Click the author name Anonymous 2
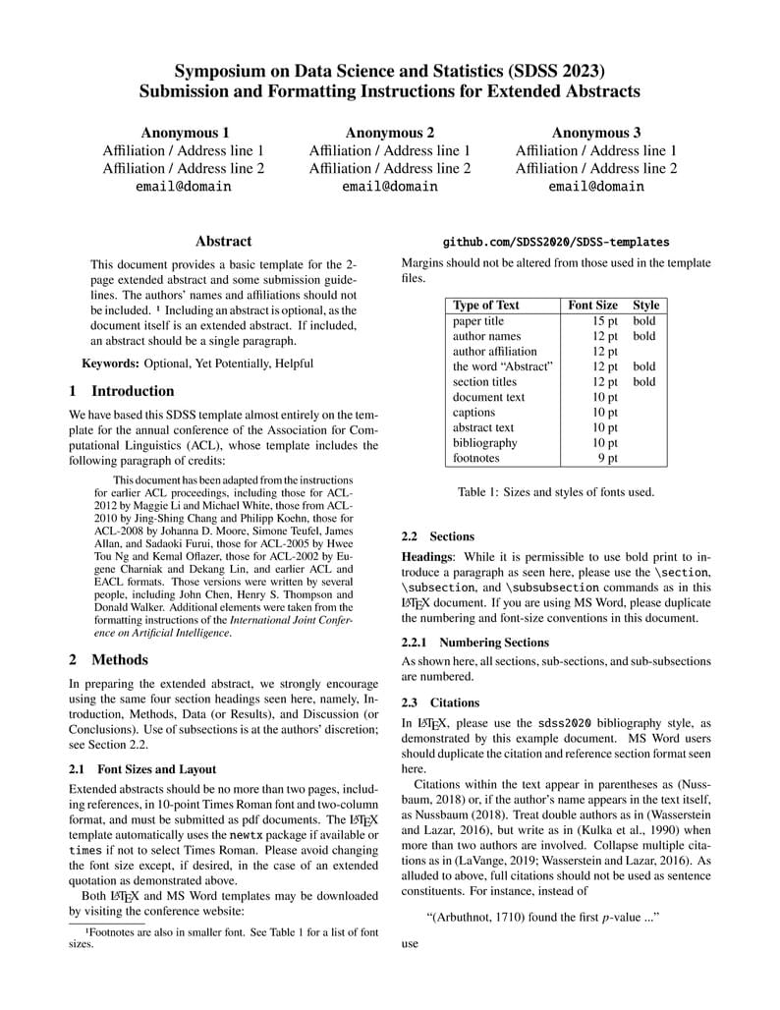click(x=390, y=133)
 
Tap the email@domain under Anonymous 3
click(x=596, y=186)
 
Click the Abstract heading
click(x=223, y=241)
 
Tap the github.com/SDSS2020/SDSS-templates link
click(x=556, y=242)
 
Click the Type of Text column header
click(x=486, y=306)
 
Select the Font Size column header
click(x=593, y=306)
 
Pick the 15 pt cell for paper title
click(x=604, y=321)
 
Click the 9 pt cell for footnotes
click(x=608, y=458)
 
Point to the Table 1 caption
click(x=556, y=492)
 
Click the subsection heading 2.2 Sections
click(x=438, y=537)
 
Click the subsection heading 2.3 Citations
click(x=440, y=703)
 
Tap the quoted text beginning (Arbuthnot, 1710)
click(x=542, y=917)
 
